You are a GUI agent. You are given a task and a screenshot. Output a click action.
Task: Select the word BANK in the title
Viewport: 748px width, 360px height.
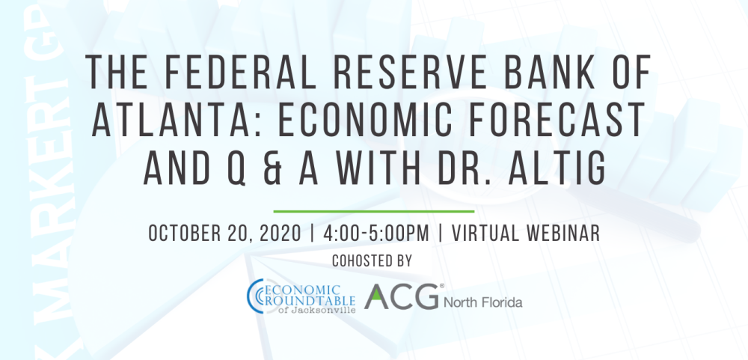pos(533,74)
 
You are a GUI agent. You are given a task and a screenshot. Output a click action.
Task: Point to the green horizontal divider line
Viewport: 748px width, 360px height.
pos(373,212)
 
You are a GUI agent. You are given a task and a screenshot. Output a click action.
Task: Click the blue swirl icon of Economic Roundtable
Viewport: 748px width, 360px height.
pos(254,295)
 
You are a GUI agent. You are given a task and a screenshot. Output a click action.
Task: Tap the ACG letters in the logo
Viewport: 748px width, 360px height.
pos(402,297)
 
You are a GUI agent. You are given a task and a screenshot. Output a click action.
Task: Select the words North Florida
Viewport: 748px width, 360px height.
pos(482,303)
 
